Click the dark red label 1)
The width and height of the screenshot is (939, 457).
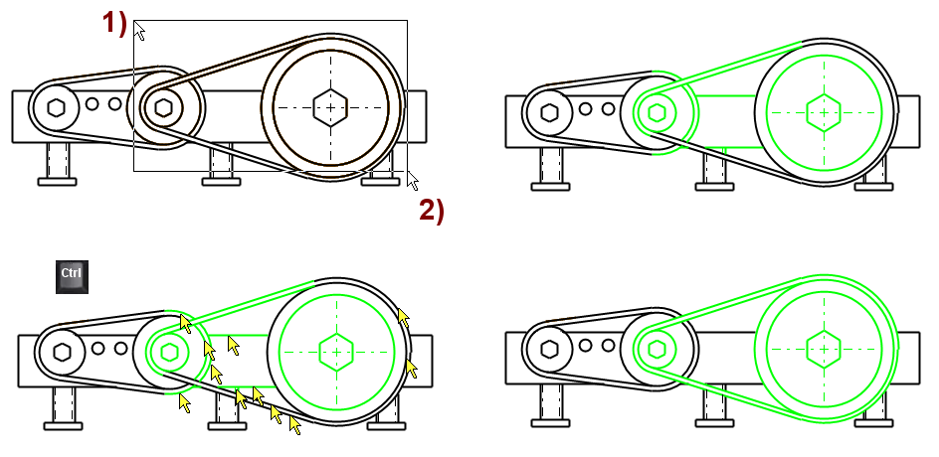114,24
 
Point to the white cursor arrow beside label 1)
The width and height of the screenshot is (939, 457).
140,32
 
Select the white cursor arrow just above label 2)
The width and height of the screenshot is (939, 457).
413,180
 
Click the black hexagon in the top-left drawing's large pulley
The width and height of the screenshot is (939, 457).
329,105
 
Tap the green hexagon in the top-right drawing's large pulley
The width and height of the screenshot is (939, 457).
822,112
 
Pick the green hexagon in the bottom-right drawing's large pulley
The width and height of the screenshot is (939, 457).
822,350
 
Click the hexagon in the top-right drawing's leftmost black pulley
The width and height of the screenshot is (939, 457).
548,111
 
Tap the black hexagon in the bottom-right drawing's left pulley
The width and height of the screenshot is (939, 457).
548,350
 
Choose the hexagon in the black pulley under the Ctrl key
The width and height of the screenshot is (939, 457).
63,351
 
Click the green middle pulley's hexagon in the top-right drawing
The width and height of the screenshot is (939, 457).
657,111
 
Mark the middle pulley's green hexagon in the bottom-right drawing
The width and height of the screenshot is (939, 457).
657,350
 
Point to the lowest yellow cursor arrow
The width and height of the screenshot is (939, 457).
294,425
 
